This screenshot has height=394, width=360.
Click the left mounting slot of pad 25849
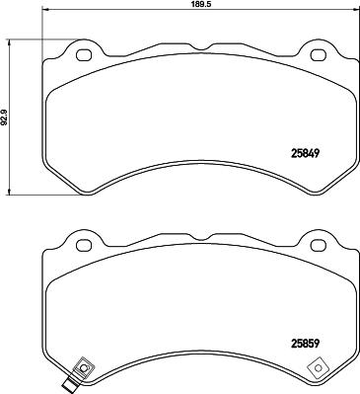tap(83, 54)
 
